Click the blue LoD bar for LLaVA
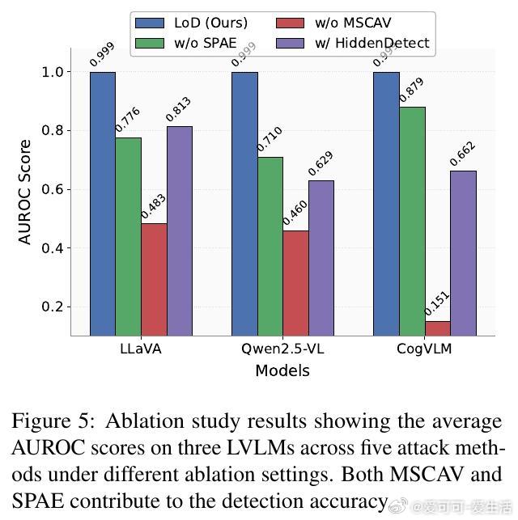coord(102,202)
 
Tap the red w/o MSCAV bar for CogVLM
coord(437,328)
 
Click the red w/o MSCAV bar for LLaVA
coord(154,279)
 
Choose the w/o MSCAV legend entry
coord(332,23)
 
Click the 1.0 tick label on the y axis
coord(52,72)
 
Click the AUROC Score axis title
coord(25,192)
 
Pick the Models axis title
coord(282,371)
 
